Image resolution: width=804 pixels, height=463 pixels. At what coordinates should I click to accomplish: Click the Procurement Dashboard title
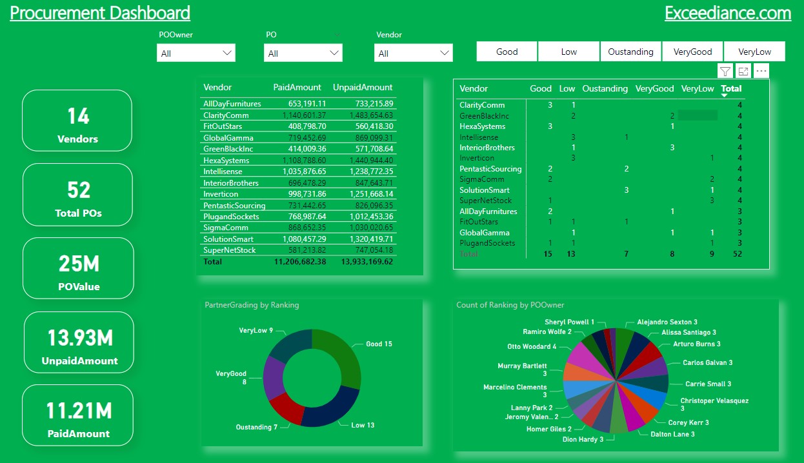(100, 13)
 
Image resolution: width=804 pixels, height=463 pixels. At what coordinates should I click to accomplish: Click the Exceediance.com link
(727, 13)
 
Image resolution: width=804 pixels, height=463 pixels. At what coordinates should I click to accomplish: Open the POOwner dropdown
(196, 53)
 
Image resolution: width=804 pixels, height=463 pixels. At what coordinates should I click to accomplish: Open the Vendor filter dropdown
(414, 53)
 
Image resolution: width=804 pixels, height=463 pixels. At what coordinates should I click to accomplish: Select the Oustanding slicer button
(630, 52)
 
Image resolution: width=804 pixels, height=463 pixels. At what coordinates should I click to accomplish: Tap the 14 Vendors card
(77, 121)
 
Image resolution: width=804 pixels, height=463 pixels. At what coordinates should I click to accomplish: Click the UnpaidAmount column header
(362, 87)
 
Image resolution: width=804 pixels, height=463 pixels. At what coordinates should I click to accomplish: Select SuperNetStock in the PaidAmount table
(229, 250)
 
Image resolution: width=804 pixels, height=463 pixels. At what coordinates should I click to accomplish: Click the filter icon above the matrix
(725, 72)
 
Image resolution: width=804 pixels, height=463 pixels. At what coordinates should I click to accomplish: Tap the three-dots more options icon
(761, 72)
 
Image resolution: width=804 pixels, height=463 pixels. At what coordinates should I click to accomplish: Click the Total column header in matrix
(731, 88)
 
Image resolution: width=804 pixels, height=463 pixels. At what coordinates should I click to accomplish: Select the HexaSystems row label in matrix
(482, 126)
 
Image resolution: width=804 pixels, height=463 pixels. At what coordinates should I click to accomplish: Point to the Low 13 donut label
(362, 425)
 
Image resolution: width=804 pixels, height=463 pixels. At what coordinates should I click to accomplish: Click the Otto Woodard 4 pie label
(532, 346)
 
